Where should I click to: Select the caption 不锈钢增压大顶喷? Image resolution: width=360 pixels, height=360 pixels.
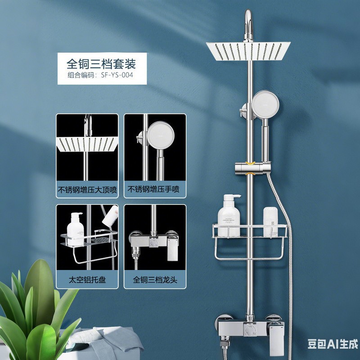coord(87,190)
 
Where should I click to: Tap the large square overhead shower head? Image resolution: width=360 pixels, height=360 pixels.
coord(248,51)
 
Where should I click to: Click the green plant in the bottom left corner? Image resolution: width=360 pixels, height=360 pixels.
coord(36,310)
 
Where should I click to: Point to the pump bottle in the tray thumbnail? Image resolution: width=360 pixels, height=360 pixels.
coord(75,229)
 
